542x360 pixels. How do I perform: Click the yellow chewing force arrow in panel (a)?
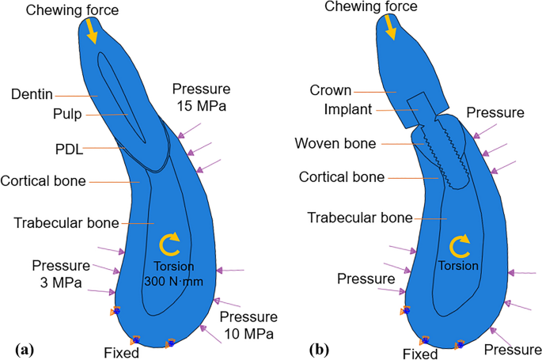[93, 31]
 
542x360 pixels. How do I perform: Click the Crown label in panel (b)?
[331, 91]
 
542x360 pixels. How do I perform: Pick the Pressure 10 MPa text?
[248, 326]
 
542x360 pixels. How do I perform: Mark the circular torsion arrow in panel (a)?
[169, 242]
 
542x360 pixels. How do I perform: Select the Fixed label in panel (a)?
[121, 353]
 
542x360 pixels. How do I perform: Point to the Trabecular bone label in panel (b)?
[360, 217]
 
